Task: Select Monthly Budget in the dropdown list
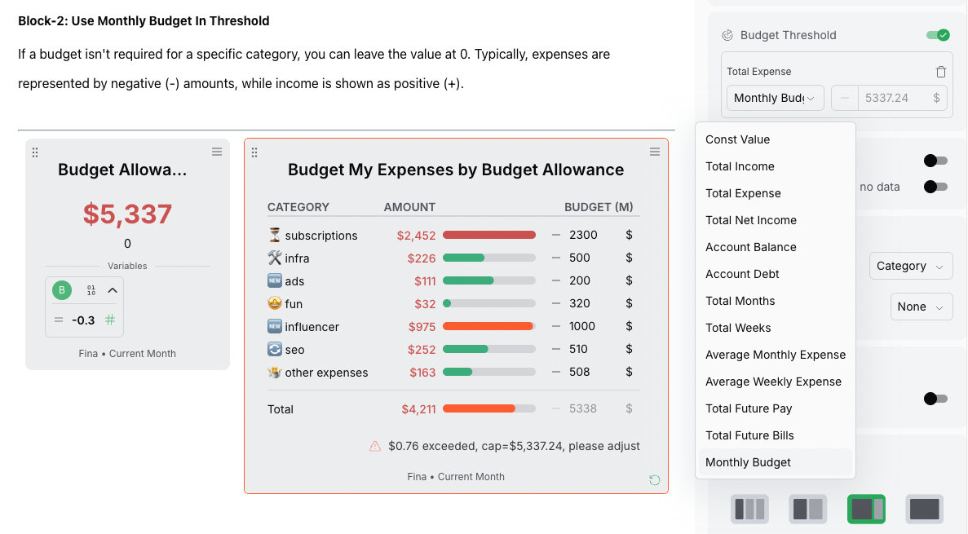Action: coord(748,462)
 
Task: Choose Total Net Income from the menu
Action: coord(750,220)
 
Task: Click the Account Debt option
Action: coord(742,274)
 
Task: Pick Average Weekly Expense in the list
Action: coord(773,382)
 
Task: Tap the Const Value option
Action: coord(737,139)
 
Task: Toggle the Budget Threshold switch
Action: coord(937,35)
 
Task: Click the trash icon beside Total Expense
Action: coord(941,72)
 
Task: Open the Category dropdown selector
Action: coord(910,266)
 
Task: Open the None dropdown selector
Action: coord(921,307)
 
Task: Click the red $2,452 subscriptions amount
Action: coord(416,236)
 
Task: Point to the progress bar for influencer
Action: coord(488,326)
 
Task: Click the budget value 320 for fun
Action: coord(580,303)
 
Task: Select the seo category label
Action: coord(294,350)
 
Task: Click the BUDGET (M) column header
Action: coord(599,207)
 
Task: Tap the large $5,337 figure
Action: coord(127,214)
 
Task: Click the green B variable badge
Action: coord(62,290)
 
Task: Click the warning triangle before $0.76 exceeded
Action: coord(375,446)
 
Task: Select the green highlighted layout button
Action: coord(866,509)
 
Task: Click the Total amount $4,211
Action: coord(418,409)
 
